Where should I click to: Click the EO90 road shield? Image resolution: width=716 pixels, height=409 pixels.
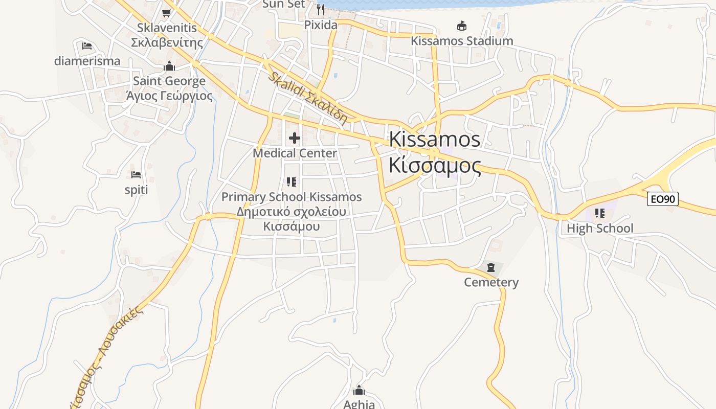[x=663, y=199]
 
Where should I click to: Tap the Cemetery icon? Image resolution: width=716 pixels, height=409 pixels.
[x=491, y=267]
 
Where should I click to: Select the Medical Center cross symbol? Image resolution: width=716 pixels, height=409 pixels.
[x=295, y=138]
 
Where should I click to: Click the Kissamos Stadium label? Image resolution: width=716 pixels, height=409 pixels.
[x=462, y=41]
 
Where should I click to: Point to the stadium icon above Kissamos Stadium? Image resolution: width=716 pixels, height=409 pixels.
[x=462, y=26]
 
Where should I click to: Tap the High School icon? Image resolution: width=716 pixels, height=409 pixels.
[x=599, y=213]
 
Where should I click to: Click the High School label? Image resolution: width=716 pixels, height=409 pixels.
[x=599, y=229]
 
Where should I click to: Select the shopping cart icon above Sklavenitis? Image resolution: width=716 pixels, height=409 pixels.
[x=166, y=13]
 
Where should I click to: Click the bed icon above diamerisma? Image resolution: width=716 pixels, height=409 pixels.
[x=87, y=46]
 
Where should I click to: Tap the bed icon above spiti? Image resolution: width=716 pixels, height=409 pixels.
[x=136, y=175]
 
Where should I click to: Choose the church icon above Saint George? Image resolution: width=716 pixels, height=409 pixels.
[x=169, y=66]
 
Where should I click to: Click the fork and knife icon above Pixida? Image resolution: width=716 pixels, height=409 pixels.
[x=321, y=9]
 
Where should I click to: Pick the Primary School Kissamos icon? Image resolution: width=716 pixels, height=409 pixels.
[x=292, y=181]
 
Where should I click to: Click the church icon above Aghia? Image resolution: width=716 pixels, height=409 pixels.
[x=359, y=391]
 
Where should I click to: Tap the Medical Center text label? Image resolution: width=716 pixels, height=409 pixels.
[x=295, y=153]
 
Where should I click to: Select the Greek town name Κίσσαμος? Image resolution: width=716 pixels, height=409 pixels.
[x=435, y=166]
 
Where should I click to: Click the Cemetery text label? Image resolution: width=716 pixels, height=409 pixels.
[x=491, y=282]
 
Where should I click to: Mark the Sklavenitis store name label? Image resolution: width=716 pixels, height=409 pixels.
[x=167, y=28]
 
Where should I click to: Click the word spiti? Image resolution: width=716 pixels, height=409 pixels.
[x=136, y=190]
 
